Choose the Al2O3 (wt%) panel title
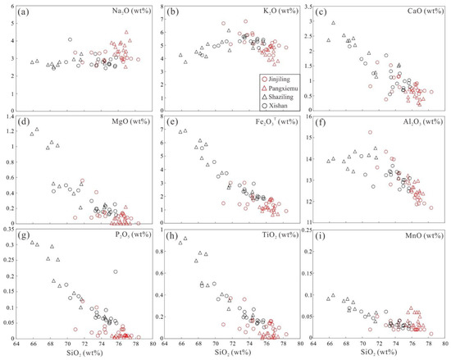click(417, 125)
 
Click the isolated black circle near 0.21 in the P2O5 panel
click(116, 271)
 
